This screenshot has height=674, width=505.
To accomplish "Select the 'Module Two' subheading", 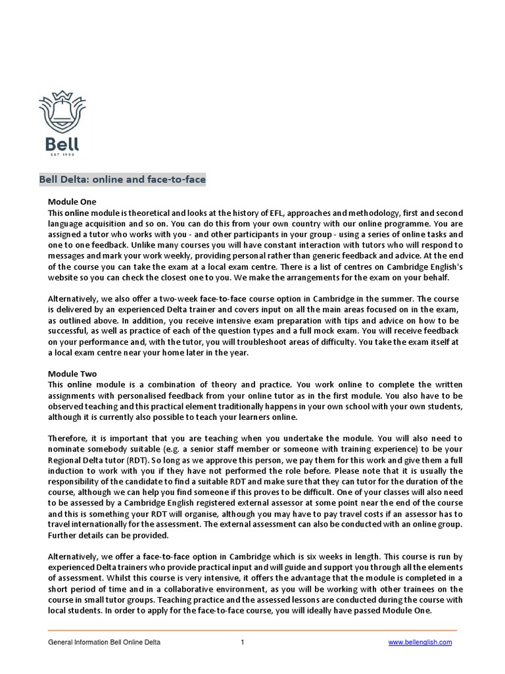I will coord(72,373).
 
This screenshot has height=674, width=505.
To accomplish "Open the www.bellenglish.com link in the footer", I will coord(421,642).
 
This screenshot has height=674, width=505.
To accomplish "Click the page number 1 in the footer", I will coord(243,642).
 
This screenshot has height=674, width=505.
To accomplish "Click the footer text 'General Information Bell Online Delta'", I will coord(105,642).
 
